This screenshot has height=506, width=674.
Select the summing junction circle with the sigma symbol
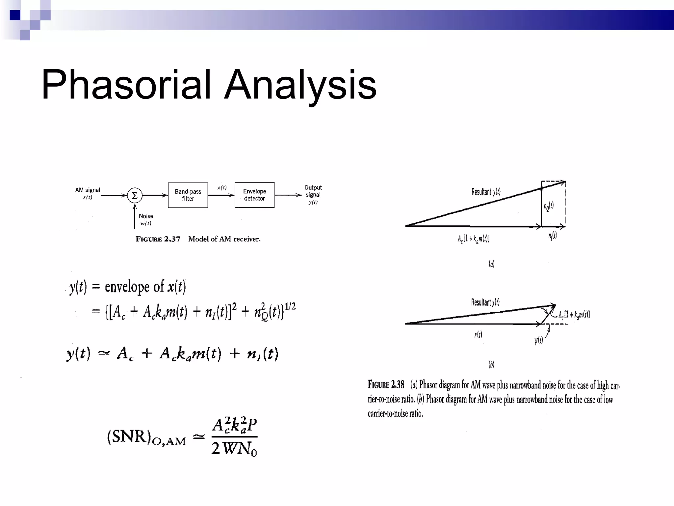[x=135, y=196]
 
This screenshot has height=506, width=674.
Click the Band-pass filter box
[x=188, y=195]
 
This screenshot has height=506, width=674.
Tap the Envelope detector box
[x=254, y=195]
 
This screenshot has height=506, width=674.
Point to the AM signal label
[x=88, y=190]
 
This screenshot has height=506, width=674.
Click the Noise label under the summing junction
[x=146, y=216]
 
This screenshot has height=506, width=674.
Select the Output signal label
[x=313, y=191]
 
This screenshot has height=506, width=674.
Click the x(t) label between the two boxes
[x=222, y=187]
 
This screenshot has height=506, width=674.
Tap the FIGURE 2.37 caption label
[x=158, y=239]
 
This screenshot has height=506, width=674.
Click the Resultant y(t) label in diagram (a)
[x=486, y=192]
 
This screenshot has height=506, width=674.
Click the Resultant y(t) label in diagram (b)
[x=485, y=302]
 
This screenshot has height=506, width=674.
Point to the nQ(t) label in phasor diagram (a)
[x=549, y=207]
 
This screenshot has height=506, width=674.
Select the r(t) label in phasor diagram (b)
[x=478, y=335]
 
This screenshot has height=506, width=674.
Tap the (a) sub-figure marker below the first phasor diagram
[x=491, y=264]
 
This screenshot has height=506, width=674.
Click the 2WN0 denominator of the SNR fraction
[x=234, y=449]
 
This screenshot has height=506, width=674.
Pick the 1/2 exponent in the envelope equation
[x=290, y=307]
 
